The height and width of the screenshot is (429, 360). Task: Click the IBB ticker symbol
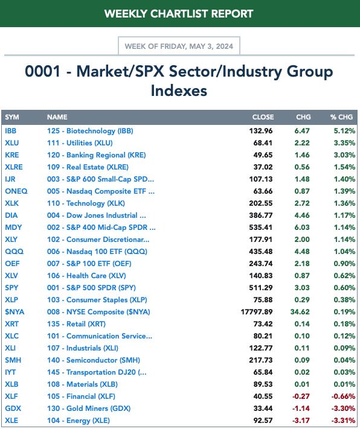point(10,131)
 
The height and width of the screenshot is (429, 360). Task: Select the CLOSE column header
point(263,117)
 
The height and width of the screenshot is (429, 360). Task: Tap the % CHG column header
point(341,117)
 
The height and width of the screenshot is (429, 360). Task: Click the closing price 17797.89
point(257,312)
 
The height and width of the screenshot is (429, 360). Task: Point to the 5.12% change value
point(344,131)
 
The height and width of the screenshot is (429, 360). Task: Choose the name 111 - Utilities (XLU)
point(80,143)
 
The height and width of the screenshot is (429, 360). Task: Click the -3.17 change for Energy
point(301,421)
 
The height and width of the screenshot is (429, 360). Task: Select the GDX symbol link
point(13,408)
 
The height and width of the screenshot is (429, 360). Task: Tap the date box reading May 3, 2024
point(179,46)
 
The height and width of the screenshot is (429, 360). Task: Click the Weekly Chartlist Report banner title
point(179,14)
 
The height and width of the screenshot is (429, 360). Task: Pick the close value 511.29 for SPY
point(261,288)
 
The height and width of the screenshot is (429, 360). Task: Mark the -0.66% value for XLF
point(343,396)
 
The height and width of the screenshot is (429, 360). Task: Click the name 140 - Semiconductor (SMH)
point(94,360)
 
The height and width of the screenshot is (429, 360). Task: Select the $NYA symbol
point(14,312)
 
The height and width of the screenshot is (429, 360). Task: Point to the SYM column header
point(12,117)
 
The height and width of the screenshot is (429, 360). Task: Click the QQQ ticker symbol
point(14,252)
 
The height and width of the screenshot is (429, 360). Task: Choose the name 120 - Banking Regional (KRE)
point(97,155)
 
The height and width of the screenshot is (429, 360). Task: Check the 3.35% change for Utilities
point(344,143)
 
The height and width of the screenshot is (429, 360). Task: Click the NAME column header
point(57,117)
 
